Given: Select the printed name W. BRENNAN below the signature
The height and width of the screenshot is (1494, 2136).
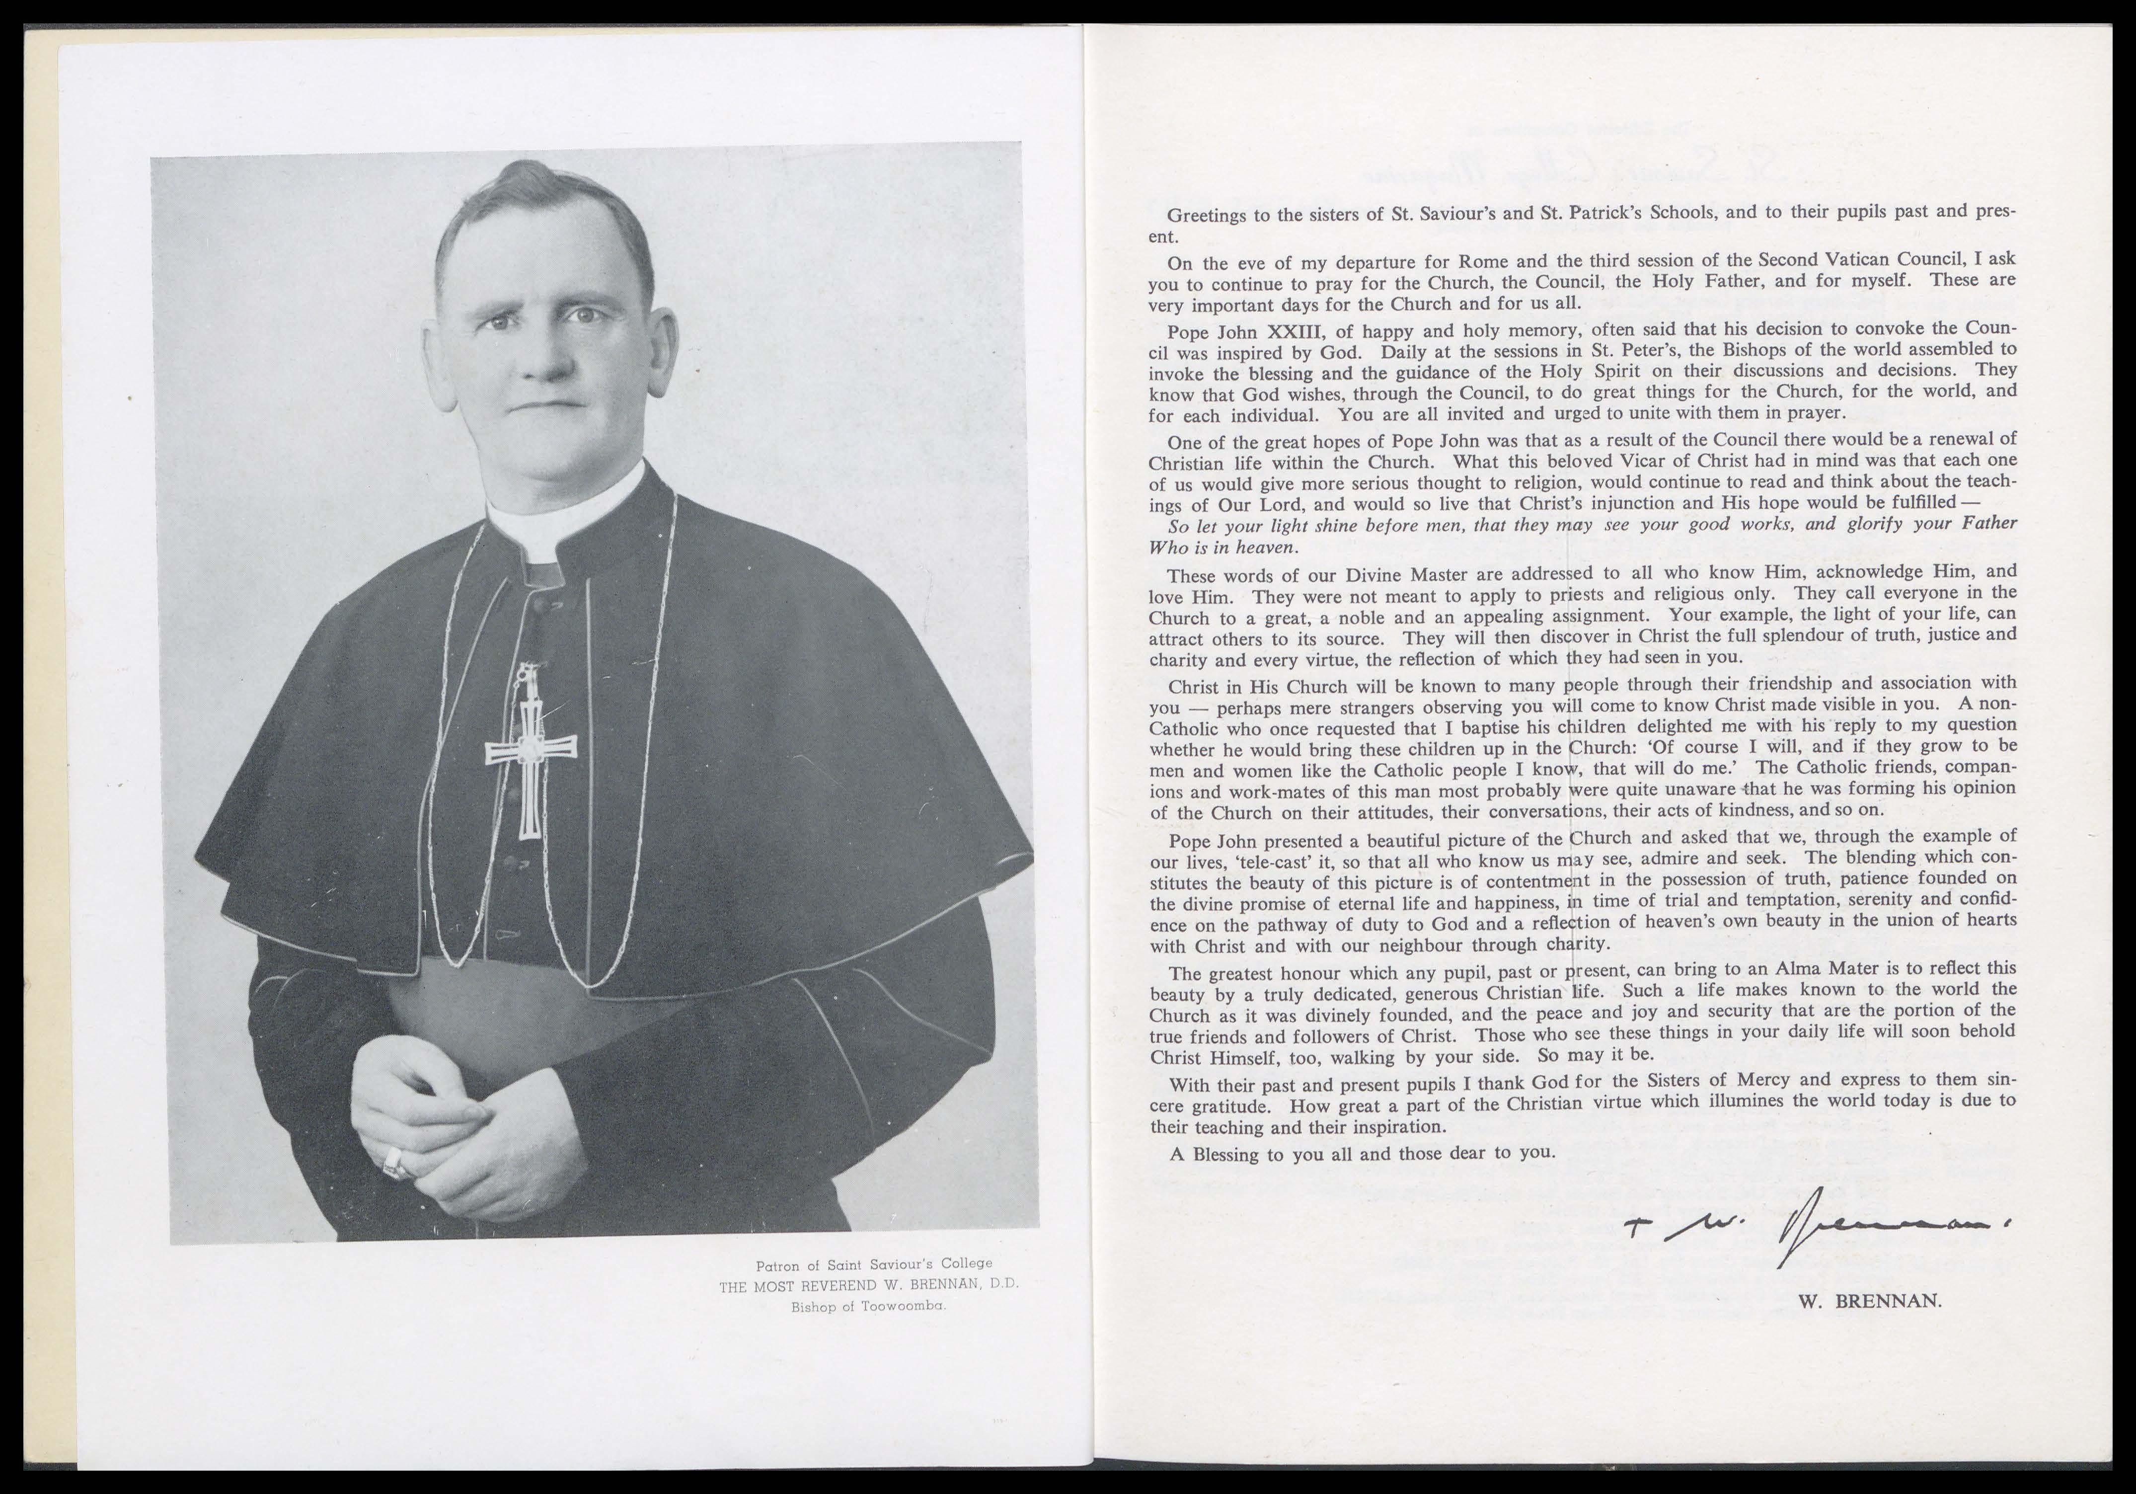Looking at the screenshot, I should (1870, 1301).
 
